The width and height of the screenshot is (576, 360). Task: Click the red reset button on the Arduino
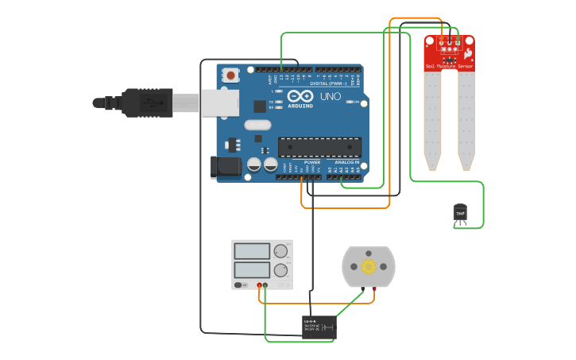(x=230, y=75)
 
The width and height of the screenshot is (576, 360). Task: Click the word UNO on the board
(x=331, y=97)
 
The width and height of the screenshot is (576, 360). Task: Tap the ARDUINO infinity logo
(x=300, y=96)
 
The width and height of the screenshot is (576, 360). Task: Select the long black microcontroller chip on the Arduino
(x=319, y=147)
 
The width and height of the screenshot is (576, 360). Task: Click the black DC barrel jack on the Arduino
(x=225, y=166)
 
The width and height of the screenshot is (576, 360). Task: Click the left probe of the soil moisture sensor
(x=431, y=119)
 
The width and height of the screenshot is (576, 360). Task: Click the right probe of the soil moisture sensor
(x=466, y=119)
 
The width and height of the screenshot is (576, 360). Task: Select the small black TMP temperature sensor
(x=460, y=212)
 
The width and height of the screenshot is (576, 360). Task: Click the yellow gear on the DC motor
(x=368, y=265)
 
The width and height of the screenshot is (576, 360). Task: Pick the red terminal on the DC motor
(x=374, y=288)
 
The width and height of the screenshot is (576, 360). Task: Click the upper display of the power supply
(x=252, y=251)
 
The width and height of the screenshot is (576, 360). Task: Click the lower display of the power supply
(x=252, y=272)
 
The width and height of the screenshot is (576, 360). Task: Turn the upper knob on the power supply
(x=280, y=252)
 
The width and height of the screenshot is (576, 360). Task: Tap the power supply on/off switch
(x=239, y=285)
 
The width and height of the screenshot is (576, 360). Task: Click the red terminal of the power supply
(x=259, y=285)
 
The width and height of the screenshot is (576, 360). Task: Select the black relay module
(x=319, y=327)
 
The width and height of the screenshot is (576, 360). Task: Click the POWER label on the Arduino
(x=312, y=162)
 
